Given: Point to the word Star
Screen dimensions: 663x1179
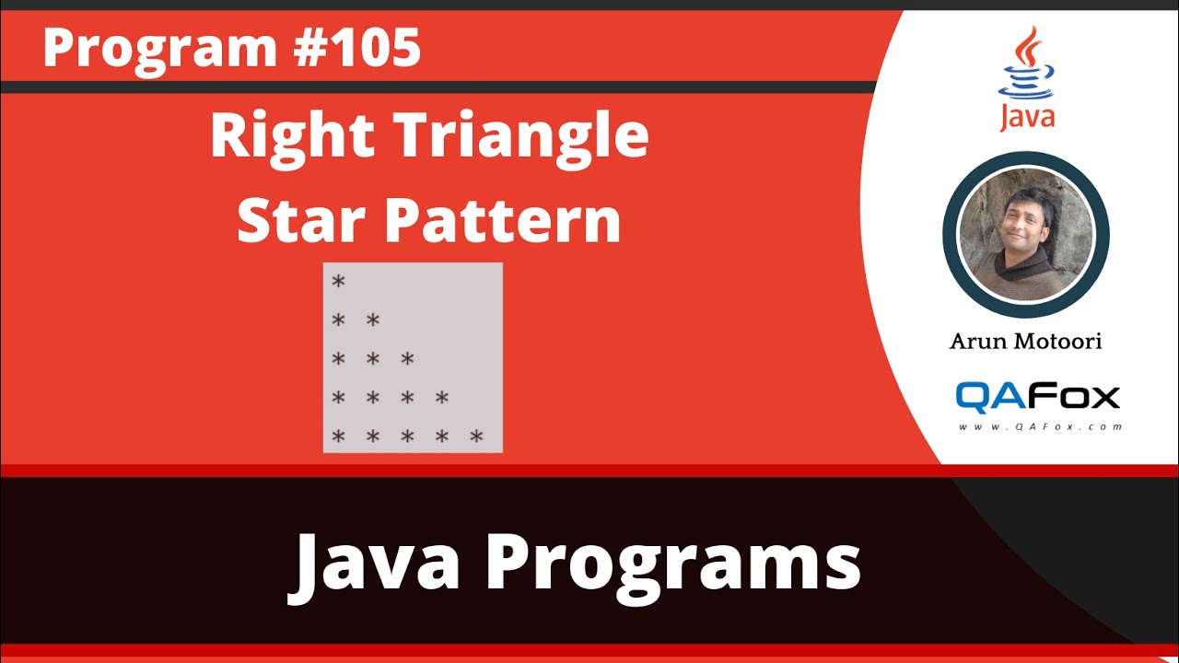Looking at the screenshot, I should click(298, 221).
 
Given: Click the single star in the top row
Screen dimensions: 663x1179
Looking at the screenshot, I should click(338, 282).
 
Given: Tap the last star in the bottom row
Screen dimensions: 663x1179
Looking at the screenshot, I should click(476, 437).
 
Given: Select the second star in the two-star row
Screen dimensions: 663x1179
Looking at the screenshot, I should click(373, 320).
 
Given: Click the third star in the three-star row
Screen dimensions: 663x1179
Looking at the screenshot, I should click(407, 359).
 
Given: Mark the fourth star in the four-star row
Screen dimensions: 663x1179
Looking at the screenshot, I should click(442, 398).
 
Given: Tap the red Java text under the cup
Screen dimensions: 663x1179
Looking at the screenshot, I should click(1027, 118).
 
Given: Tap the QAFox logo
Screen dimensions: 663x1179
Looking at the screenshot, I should click(1037, 396).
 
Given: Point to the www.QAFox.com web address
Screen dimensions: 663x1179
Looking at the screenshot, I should click(1040, 427).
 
